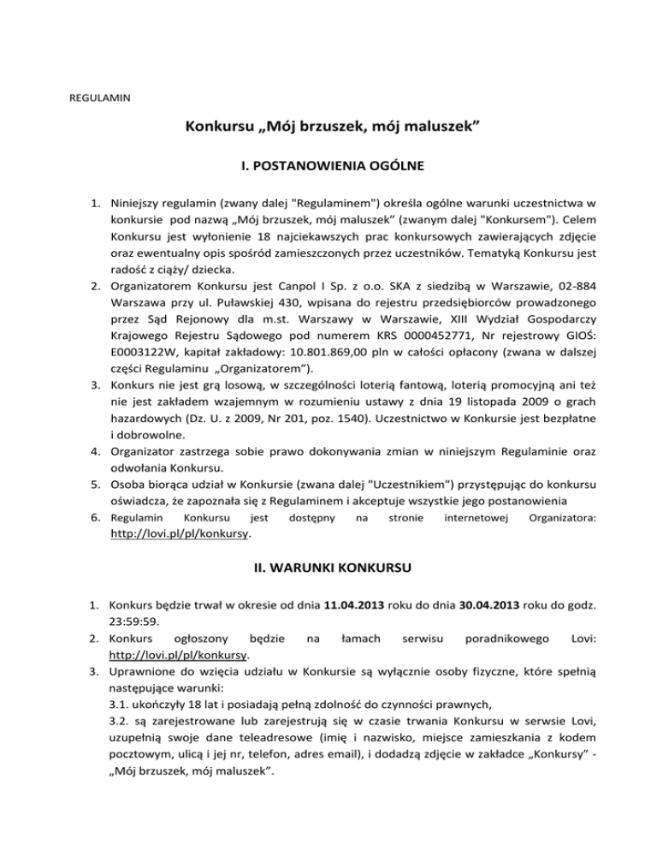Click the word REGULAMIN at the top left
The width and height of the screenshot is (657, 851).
(x=99, y=98)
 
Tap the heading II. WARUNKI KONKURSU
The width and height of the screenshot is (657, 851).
(x=328, y=567)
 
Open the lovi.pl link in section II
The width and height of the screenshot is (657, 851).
(x=181, y=654)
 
